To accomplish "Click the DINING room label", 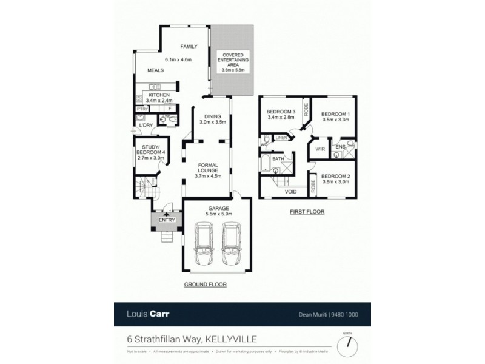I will [213, 117].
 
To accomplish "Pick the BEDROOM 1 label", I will [335, 114].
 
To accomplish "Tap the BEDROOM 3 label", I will [280, 112].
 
